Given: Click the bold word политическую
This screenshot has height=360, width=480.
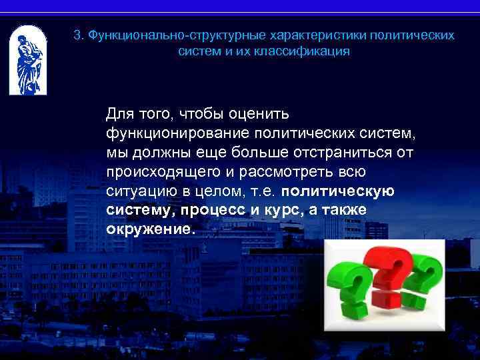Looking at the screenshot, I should [x=337, y=191].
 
